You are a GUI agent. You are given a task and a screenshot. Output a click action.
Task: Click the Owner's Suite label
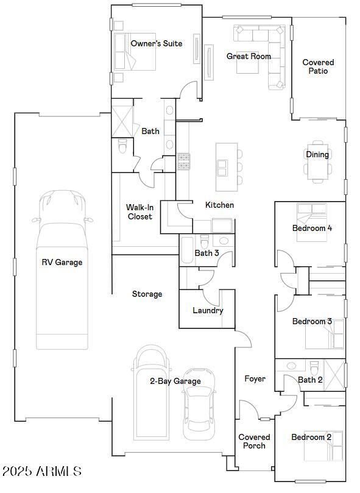coord(157,43)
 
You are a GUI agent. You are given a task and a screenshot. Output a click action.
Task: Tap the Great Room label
coord(249,56)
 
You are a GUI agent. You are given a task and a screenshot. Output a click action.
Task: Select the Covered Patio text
coord(318,66)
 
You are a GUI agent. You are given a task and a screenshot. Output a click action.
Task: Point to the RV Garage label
coord(62,262)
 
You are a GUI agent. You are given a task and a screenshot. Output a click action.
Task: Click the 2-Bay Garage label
coord(175,381)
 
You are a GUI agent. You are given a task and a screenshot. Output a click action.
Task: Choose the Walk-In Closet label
coord(139,211)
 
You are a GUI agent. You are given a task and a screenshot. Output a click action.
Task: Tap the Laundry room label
coord(208,310)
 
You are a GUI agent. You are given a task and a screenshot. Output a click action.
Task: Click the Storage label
coord(147,294)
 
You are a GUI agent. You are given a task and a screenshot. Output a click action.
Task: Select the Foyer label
coord(255,378)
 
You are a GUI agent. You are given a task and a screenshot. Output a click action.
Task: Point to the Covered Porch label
coord(254,441)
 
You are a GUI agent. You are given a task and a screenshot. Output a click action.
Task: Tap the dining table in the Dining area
coord(317,162)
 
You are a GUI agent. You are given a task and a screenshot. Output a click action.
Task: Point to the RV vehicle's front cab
coord(62,207)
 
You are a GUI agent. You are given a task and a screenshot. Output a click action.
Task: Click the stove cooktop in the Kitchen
coord(183,161)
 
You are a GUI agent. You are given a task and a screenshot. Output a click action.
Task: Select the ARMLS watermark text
coord(42,471)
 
